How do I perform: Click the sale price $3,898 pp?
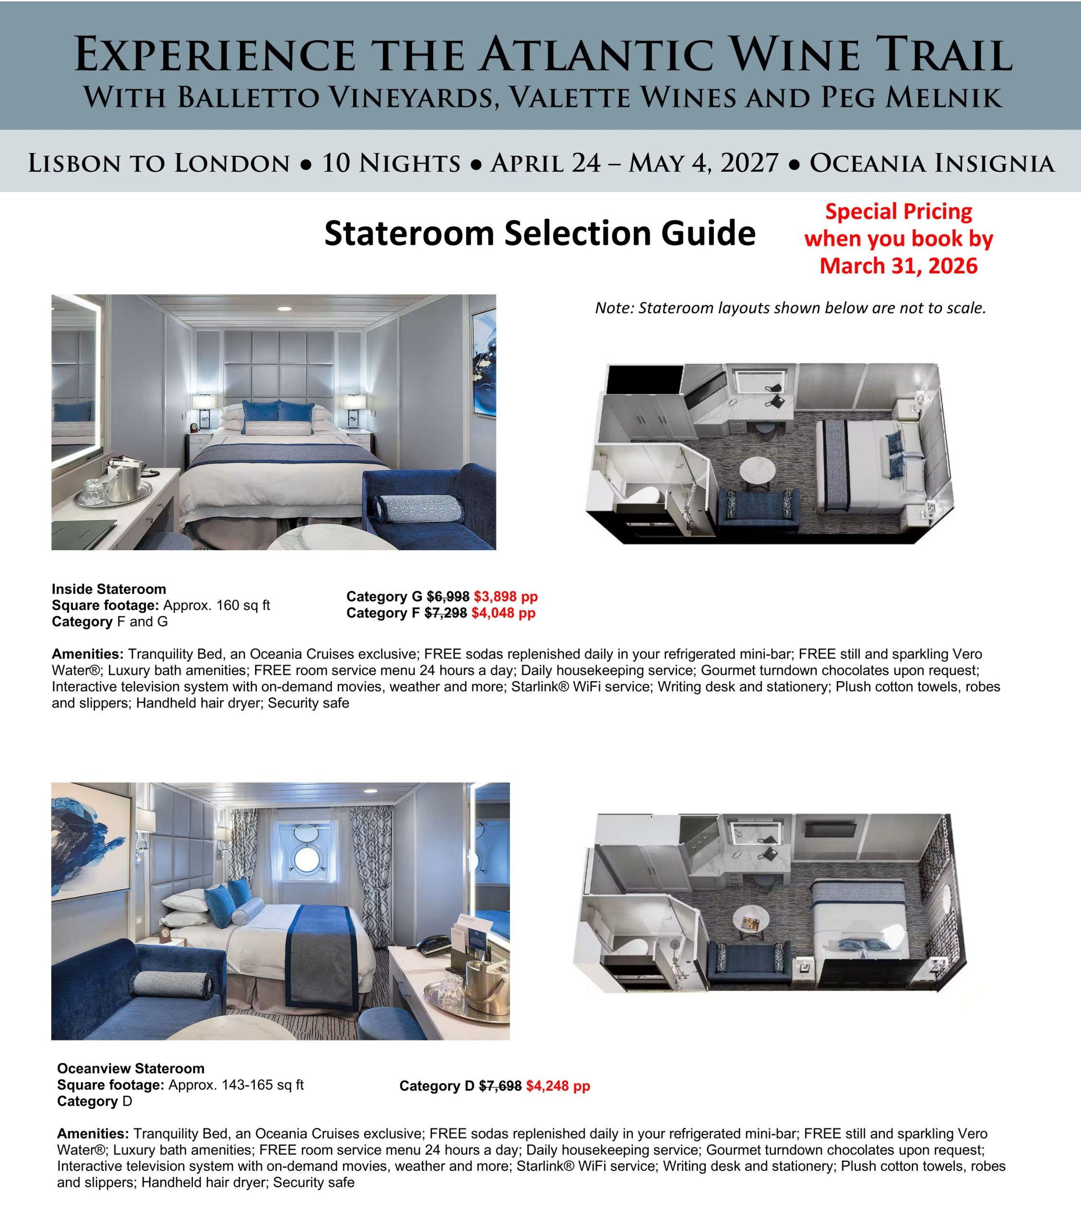(505, 597)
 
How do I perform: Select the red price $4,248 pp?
(558, 1086)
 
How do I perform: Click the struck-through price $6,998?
(448, 597)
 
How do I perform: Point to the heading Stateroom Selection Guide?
(540, 233)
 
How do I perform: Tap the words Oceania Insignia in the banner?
(931, 164)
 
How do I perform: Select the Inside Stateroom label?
(109, 589)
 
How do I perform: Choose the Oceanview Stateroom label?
(131, 1068)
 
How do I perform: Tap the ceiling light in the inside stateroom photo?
(284, 309)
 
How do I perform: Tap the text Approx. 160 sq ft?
(216, 605)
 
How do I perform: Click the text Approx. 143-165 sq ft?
(236, 1085)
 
